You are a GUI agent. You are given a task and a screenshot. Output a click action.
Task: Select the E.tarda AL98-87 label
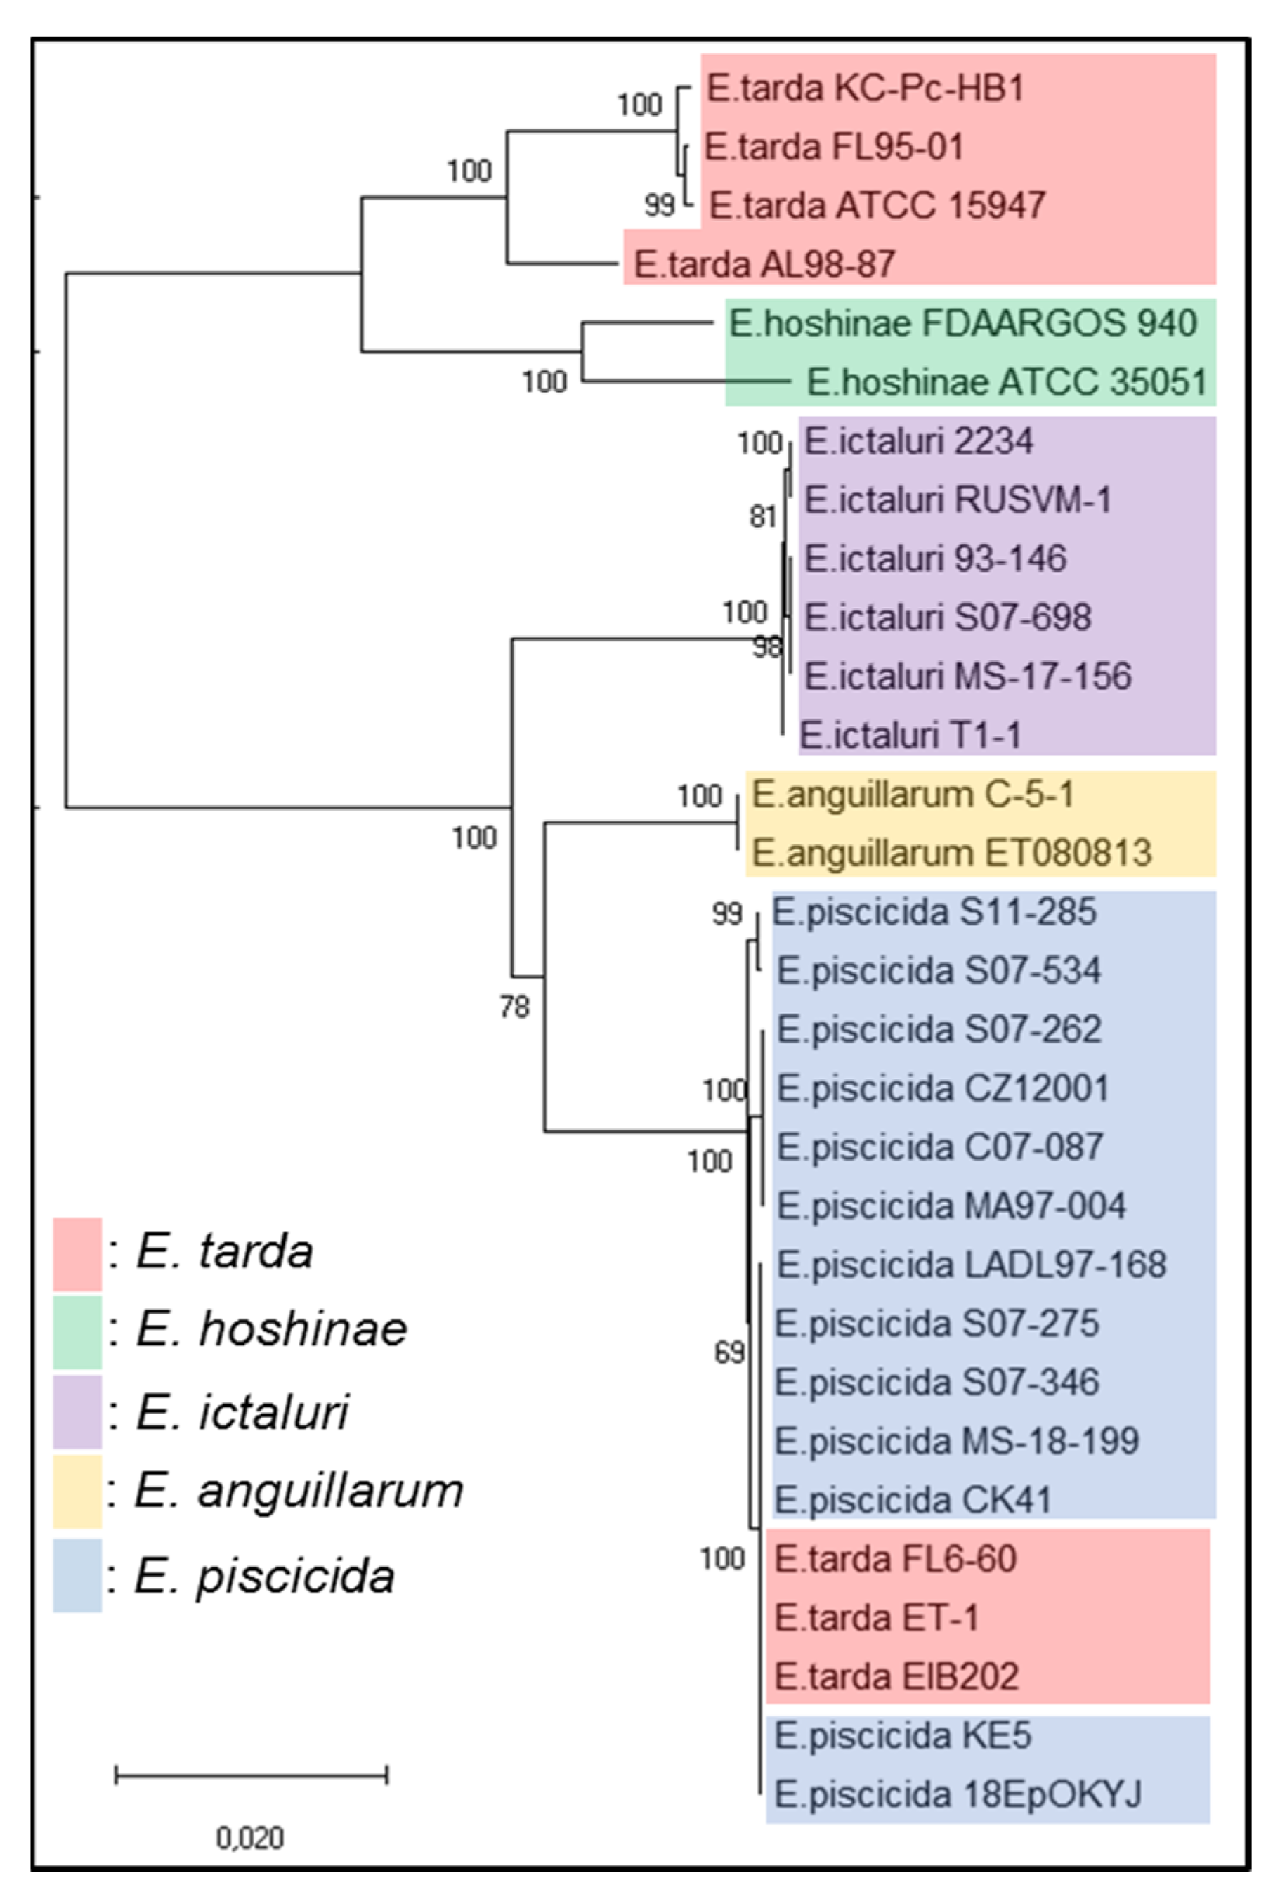click(764, 265)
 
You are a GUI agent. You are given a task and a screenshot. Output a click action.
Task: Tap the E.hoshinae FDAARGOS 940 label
click(962, 324)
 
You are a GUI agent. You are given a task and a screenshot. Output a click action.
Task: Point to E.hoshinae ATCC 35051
click(1007, 382)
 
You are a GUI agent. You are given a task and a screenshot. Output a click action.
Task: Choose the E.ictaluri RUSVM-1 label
click(958, 500)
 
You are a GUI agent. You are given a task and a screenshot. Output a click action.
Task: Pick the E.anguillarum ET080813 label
click(951, 853)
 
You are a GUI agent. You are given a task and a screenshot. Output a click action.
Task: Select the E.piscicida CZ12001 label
click(943, 1088)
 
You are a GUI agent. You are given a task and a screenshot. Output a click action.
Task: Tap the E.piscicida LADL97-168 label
click(972, 1265)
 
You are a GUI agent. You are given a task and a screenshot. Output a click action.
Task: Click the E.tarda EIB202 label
click(896, 1676)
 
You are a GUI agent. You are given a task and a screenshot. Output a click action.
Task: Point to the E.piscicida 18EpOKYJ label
click(958, 1794)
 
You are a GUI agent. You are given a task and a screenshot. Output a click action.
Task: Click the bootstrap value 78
click(514, 1007)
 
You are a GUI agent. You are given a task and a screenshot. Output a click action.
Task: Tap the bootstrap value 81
click(762, 516)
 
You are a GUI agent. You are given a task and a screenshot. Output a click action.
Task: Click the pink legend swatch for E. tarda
click(77, 1254)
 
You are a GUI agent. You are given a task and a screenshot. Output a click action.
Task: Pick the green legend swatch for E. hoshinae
click(77, 1331)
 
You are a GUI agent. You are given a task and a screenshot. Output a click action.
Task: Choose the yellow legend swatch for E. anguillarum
click(77, 1491)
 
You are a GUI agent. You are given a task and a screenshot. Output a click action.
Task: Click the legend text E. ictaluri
click(242, 1411)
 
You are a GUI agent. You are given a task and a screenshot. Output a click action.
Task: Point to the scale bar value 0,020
click(250, 1838)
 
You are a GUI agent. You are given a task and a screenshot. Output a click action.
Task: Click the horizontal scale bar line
click(252, 1774)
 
